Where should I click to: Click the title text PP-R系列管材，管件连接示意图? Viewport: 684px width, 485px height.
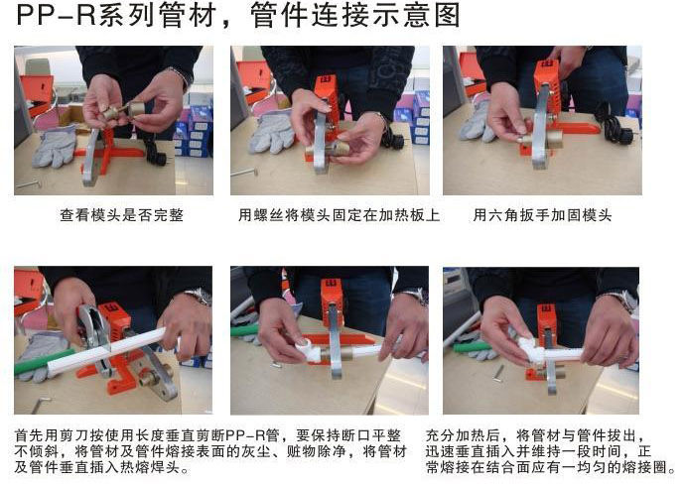pos(238,15)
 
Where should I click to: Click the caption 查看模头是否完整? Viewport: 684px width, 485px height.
pos(122,215)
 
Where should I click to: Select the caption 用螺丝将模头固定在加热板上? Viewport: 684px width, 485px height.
pos(339,215)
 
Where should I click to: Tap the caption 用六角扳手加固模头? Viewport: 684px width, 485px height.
pos(542,215)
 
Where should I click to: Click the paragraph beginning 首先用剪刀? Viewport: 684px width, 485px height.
pos(210,451)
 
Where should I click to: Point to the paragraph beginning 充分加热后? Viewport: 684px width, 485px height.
pos(550,451)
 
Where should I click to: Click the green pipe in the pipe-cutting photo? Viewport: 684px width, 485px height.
pos(45,361)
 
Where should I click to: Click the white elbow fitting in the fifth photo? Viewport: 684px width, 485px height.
pos(308,350)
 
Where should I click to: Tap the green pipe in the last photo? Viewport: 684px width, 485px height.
pos(472,347)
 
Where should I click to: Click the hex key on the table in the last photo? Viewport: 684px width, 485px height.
pos(499,374)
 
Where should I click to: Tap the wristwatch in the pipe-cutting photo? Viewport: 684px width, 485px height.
pos(201,298)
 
